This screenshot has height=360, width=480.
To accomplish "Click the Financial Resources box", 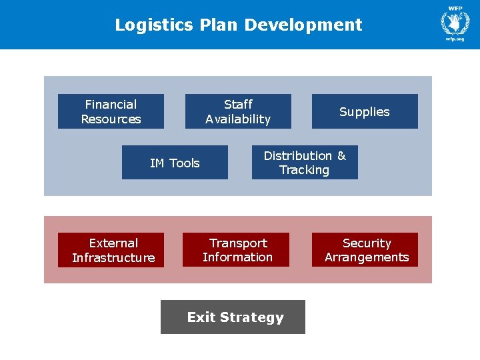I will pos(111,111).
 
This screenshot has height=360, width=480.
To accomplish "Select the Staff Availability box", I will pos(238,111).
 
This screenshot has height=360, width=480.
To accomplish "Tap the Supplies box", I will pos(365,111).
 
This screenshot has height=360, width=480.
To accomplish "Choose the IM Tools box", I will pos(175,163).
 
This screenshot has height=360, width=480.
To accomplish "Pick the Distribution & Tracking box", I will pos(305,163).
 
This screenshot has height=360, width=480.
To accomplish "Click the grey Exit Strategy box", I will pos(233,317).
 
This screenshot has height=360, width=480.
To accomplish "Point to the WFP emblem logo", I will pos(455,22).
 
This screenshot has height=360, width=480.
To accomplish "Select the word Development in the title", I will pos(303,25).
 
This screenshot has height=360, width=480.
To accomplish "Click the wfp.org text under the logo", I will pos(455,40).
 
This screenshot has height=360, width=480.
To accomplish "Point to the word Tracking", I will pos(305,170).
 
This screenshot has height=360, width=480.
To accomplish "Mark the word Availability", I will pos(238,119).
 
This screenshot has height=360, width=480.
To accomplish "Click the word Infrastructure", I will pos(113,258).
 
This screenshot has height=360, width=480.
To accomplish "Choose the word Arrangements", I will pos(367,257).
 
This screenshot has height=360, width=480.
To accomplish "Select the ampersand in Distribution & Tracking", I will pos(341,156).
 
